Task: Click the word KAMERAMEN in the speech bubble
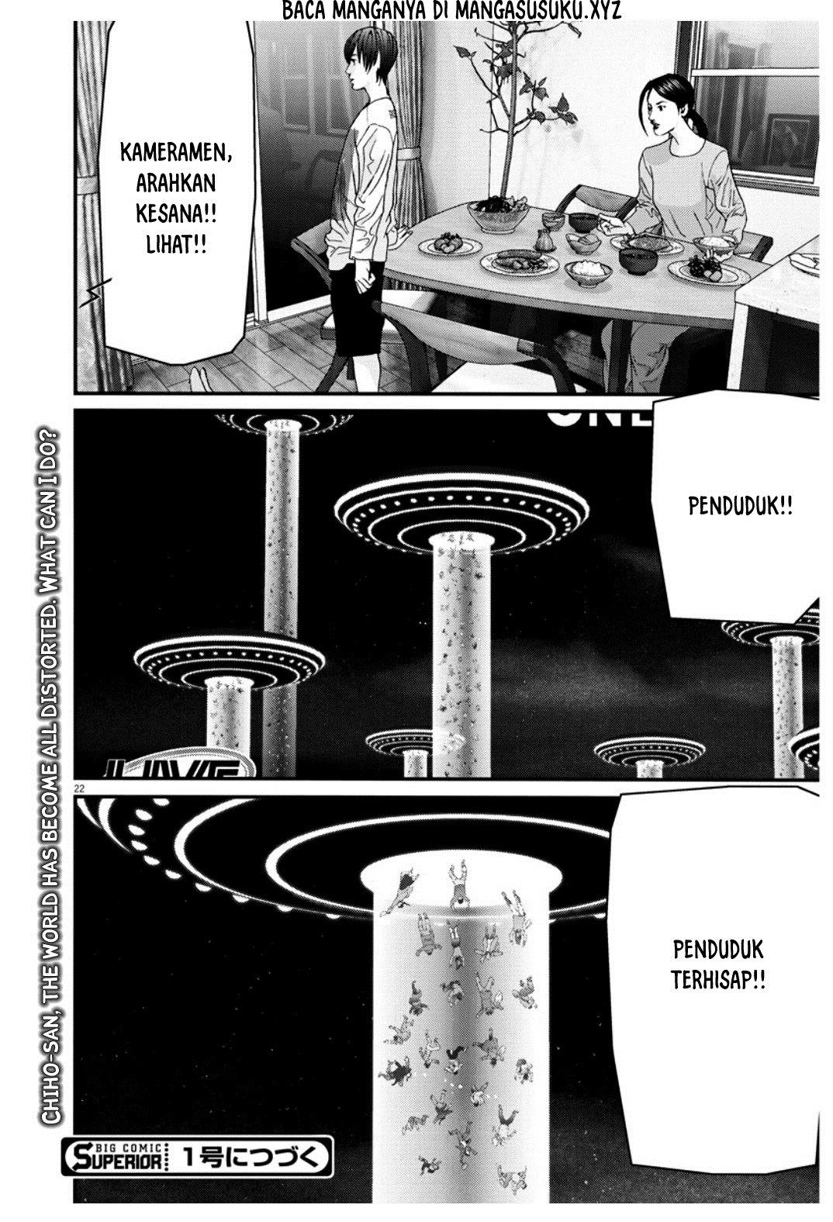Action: pyautogui.click(x=175, y=151)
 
